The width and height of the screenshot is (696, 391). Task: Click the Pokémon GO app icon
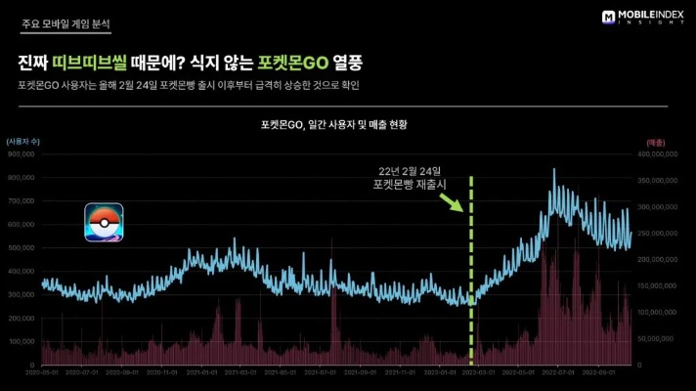pos(103,223)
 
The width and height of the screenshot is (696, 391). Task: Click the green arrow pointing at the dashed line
pos(451,202)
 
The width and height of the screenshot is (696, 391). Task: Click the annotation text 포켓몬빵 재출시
pos(409,183)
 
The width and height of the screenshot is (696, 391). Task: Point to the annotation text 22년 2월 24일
pos(409,169)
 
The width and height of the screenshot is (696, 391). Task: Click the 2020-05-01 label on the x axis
pos(43,372)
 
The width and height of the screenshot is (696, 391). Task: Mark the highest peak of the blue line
pos(554,169)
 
